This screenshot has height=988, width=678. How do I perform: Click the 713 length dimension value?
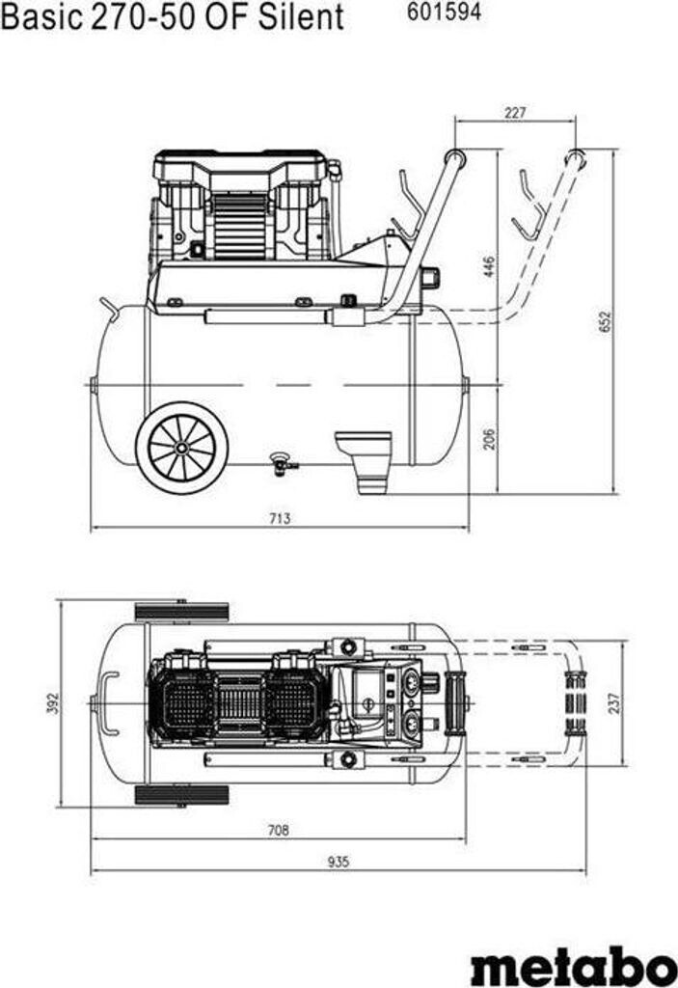[x=279, y=519]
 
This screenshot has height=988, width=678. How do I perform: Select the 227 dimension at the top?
[x=515, y=113]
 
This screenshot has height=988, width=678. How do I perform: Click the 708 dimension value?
[x=279, y=829]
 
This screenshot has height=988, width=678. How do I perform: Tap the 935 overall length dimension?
[x=338, y=862]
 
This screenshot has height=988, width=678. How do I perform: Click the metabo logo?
[x=573, y=965]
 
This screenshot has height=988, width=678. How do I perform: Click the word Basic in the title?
[x=38, y=16]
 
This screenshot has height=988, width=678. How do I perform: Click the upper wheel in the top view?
[x=182, y=611]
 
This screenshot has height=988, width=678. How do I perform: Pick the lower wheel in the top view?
[x=182, y=794]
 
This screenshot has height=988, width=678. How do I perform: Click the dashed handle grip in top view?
[x=575, y=701]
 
